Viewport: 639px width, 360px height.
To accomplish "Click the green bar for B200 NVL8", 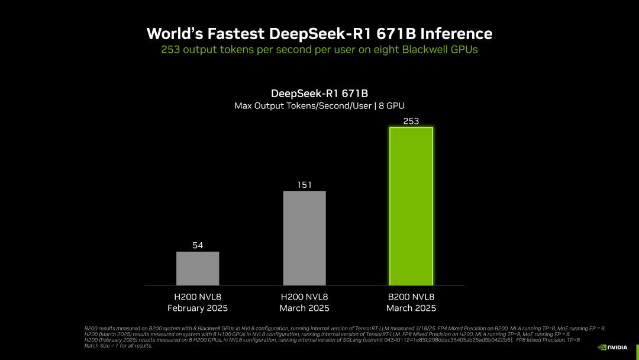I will [411, 206].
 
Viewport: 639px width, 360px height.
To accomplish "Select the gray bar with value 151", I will [304, 238].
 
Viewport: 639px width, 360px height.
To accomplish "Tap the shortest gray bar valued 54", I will [198, 268].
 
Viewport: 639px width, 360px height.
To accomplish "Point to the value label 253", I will [411, 121].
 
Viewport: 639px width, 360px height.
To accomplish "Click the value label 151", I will [304, 185].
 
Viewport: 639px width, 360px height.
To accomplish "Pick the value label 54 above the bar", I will [198, 245].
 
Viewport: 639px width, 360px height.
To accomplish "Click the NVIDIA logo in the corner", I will [612, 348].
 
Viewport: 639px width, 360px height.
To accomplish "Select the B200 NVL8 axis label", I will [411, 297].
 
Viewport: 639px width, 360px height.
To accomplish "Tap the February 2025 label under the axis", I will [198, 308].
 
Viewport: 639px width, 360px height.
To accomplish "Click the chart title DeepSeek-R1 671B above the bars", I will [319, 94].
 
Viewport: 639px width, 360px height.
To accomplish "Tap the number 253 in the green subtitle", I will [170, 50].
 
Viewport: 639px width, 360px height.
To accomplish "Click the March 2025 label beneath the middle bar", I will [304, 308].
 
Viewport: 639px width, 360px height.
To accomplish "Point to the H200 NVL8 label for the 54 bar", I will [198, 297].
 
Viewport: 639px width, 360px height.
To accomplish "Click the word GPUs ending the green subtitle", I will [464, 50].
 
